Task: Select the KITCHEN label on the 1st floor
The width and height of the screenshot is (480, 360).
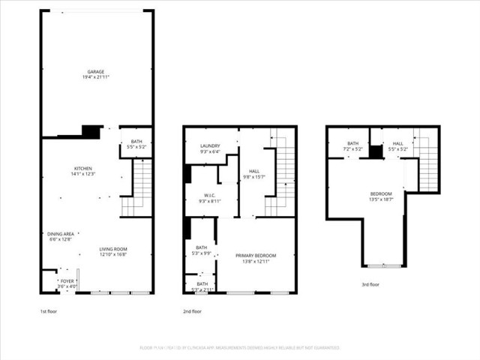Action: coord(82,168)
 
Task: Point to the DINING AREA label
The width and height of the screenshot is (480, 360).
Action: coord(59,234)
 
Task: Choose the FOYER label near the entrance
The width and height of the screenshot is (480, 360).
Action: coord(67,281)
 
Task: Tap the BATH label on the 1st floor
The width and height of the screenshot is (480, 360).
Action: coord(136,142)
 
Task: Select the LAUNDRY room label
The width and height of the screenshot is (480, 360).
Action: coord(209,146)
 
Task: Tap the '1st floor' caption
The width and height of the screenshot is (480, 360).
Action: coord(49,311)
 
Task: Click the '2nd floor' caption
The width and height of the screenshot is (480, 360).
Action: coord(193,311)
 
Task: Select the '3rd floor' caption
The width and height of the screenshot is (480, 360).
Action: coord(371,285)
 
